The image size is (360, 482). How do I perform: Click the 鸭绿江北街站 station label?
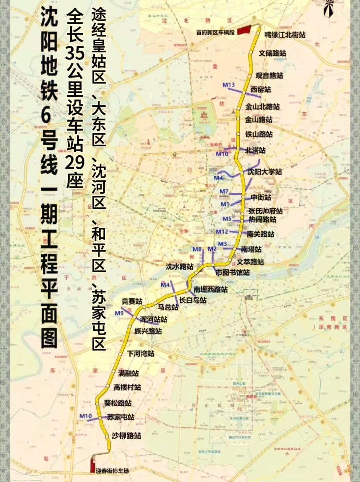click(x=285, y=35)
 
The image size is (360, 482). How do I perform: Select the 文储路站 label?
click(x=272, y=53)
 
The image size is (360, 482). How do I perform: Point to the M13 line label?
click(x=229, y=85)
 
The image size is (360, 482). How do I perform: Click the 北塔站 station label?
click(x=255, y=150)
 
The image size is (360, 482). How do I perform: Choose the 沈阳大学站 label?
click(x=265, y=172)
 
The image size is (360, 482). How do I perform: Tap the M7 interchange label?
click(x=224, y=191)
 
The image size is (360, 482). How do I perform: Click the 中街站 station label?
click(x=261, y=197)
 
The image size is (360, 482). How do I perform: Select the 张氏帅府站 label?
click(x=265, y=211)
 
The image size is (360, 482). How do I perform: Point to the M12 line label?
click(x=222, y=232)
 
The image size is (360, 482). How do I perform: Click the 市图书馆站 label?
click(x=233, y=272)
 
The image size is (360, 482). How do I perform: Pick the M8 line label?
click(x=197, y=249)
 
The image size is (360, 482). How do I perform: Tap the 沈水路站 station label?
click(x=180, y=266)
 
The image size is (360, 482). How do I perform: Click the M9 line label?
click(x=119, y=313)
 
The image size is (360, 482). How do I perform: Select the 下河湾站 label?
click(x=140, y=353)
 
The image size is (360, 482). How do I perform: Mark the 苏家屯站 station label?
click(x=121, y=417)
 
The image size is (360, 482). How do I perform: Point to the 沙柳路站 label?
click(x=126, y=436)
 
